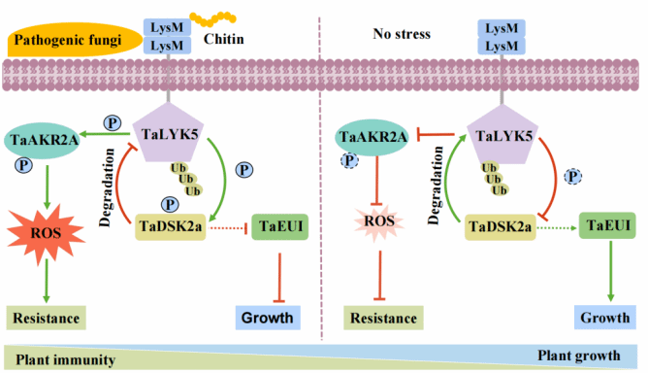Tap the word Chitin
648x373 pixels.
(x=223, y=39)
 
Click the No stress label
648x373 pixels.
(x=402, y=34)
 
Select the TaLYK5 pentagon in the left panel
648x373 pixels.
(x=168, y=132)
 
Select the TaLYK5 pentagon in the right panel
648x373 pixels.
(x=502, y=134)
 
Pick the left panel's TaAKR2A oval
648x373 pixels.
(x=43, y=140)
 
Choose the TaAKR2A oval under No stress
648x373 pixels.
(x=373, y=137)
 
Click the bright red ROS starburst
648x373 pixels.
(x=46, y=233)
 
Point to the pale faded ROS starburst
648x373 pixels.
(x=379, y=221)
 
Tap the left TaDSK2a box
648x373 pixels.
(x=171, y=227)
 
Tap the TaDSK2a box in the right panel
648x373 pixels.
(x=500, y=227)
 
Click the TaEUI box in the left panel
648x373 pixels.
(x=280, y=226)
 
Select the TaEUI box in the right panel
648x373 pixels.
(x=607, y=225)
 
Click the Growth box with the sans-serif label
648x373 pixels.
(x=268, y=318)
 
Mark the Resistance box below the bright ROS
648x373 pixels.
(x=46, y=318)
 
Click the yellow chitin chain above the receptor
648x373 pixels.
(x=212, y=18)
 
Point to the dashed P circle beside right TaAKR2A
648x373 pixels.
(x=349, y=160)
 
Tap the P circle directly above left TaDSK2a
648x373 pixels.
(x=170, y=204)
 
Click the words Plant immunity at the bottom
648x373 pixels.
(x=65, y=359)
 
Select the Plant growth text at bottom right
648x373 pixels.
(x=578, y=356)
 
